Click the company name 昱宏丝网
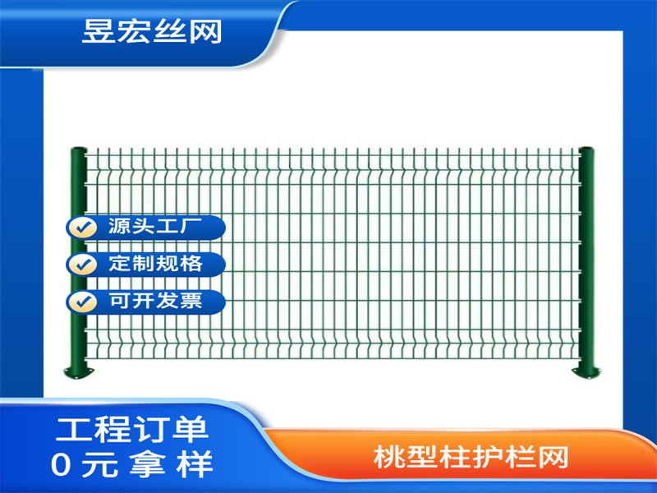[x=152, y=30]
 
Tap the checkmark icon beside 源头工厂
[x=82, y=228]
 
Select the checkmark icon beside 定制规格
[x=82, y=265]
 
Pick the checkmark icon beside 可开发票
[x=82, y=301]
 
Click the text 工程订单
[x=131, y=429]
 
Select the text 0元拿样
[x=131, y=466]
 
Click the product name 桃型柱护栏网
[x=470, y=457]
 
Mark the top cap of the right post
[x=586, y=150]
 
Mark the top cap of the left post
[x=78, y=150]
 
